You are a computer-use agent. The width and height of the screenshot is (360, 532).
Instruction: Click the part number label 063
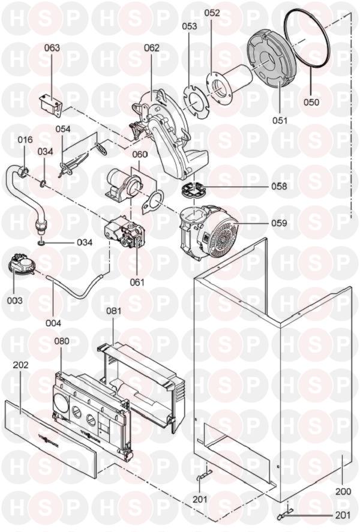(x=52, y=47)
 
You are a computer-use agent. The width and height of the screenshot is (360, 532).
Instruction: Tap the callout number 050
(x=311, y=102)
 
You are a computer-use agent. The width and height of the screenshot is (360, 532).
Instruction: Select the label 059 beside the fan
(x=279, y=223)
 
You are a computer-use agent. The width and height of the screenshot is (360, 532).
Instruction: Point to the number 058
(x=279, y=187)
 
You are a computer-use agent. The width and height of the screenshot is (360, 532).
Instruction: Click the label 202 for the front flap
(x=20, y=365)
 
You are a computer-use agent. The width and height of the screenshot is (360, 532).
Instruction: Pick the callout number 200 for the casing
(x=343, y=491)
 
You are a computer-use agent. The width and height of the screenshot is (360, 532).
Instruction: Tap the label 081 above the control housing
(x=113, y=311)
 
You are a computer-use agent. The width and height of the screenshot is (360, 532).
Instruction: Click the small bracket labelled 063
(x=51, y=106)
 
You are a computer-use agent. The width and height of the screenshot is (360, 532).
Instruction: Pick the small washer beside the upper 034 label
(x=43, y=184)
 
